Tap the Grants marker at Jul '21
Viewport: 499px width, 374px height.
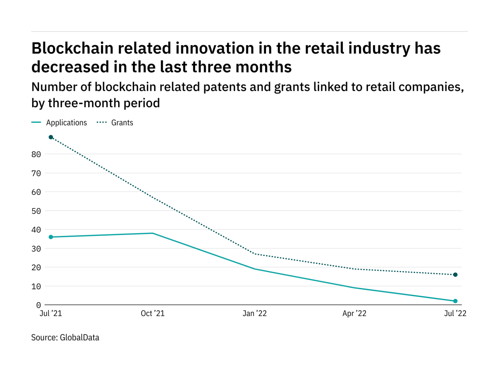pyautogui.click(x=51, y=137)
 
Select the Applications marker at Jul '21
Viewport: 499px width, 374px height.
pyautogui.click(x=51, y=237)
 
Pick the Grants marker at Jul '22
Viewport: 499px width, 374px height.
pyautogui.click(x=455, y=275)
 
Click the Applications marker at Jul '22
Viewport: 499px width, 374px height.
pyautogui.click(x=455, y=301)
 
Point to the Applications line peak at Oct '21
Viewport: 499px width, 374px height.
pyautogui.click(x=153, y=233)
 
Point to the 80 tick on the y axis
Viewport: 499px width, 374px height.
pyautogui.click(x=36, y=155)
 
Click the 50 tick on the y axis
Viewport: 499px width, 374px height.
pyautogui.click(x=36, y=211)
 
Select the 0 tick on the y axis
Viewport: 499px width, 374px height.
pyautogui.click(x=38, y=305)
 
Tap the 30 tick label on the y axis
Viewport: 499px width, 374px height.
pyautogui.click(x=36, y=249)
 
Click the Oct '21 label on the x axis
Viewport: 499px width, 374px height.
pyautogui.click(x=153, y=313)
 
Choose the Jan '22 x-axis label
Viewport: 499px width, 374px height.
pyautogui.click(x=255, y=313)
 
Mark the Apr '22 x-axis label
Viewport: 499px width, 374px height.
pyautogui.click(x=354, y=313)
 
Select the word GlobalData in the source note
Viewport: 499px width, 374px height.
pyautogui.click(x=80, y=338)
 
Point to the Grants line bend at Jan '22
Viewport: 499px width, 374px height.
pyautogui.click(x=255, y=254)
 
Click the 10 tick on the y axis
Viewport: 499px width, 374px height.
pyautogui.click(x=36, y=286)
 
